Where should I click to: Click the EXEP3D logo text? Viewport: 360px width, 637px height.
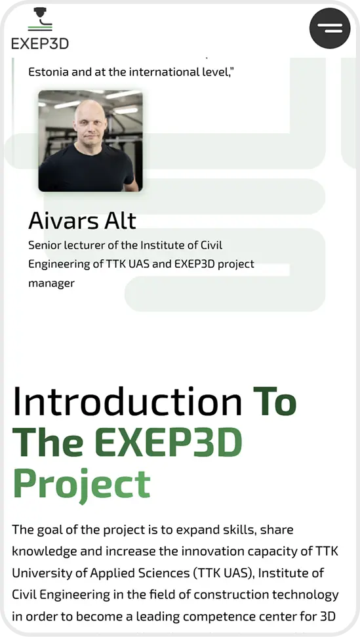pyautogui.click(x=40, y=44)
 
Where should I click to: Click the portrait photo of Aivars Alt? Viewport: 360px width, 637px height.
pyautogui.click(x=90, y=141)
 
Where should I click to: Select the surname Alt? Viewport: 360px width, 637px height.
pyautogui.click(x=120, y=220)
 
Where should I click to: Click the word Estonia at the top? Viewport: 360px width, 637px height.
pyautogui.click(x=48, y=72)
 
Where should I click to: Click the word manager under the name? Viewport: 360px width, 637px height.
pyautogui.click(x=51, y=283)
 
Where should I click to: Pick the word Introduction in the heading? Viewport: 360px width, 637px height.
pyautogui.click(x=127, y=401)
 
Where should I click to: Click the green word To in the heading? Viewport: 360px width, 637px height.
pyautogui.click(x=275, y=401)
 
